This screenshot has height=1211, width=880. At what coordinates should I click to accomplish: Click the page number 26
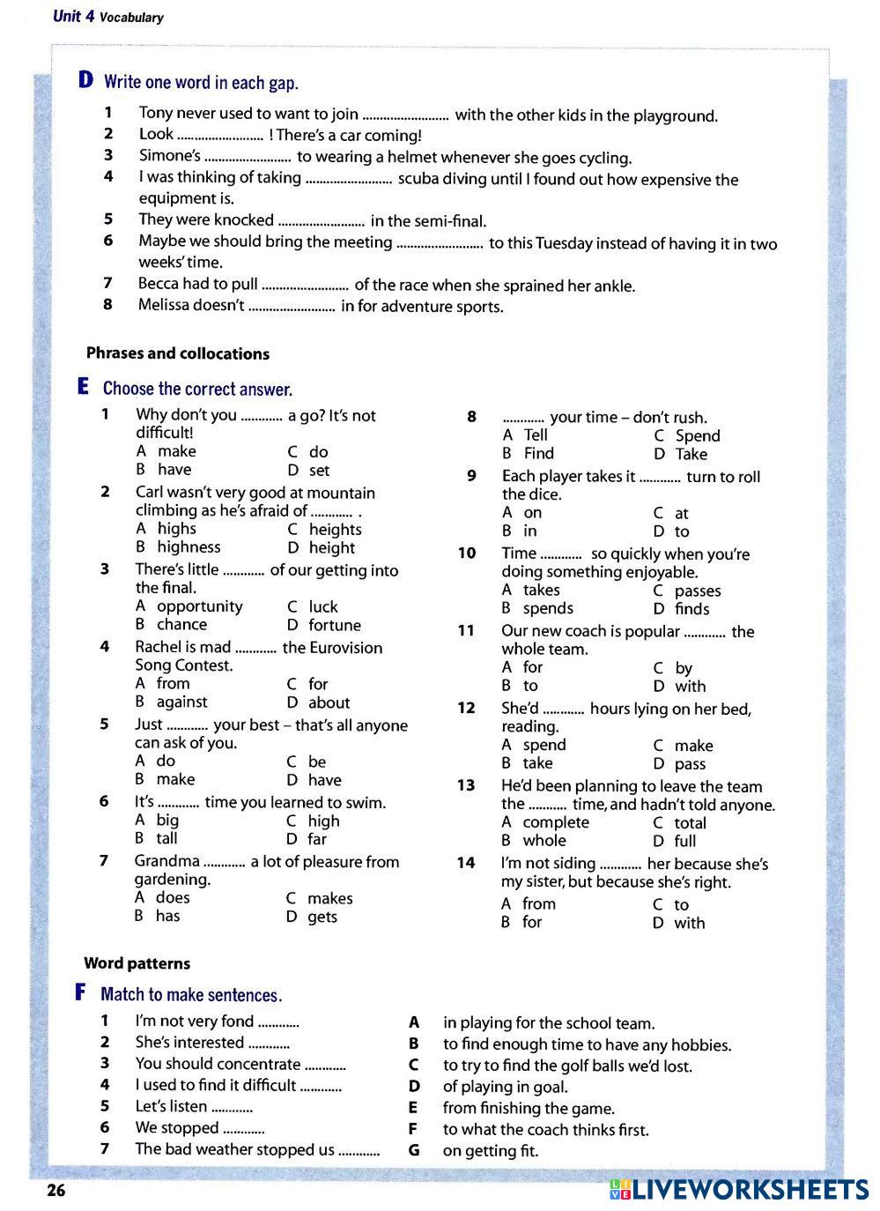55,1191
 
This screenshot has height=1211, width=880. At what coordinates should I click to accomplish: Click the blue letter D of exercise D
85,81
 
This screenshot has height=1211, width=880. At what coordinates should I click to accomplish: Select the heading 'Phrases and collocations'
177,353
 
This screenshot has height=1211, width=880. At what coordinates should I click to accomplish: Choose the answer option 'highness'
189,546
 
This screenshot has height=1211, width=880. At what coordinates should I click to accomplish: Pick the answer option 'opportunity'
199,606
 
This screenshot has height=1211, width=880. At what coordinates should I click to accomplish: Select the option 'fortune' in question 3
335,625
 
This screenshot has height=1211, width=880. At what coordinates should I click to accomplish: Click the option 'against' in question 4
181,702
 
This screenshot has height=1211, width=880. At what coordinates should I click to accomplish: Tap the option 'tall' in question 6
166,838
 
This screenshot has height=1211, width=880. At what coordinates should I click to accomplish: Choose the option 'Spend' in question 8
698,435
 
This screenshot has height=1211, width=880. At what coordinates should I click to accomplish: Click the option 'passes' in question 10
698,591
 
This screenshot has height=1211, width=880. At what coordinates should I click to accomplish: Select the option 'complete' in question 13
555,822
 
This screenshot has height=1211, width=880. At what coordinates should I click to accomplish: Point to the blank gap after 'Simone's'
248,159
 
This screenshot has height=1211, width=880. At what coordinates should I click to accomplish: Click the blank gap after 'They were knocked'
322,221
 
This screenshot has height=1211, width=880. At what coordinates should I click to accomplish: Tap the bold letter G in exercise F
414,1150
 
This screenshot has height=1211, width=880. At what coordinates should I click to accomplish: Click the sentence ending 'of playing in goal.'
505,1087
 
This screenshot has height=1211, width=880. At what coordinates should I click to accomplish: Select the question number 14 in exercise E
465,863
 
